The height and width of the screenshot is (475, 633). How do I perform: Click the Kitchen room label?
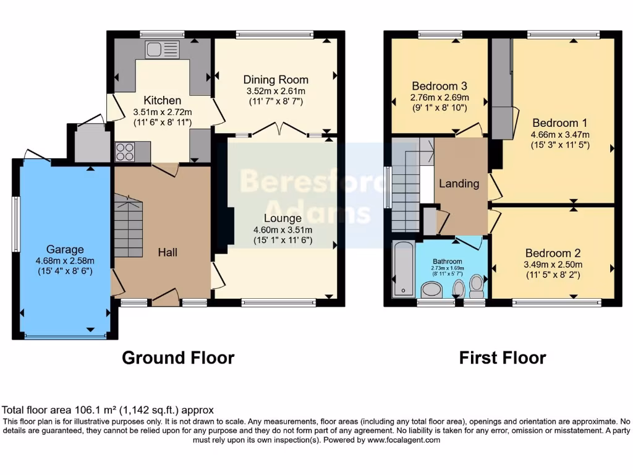[x=163, y=100]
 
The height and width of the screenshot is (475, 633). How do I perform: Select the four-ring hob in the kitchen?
[x=125, y=152]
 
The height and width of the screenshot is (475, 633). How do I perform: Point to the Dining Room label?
[x=275, y=80]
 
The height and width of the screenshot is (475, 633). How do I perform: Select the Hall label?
[x=168, y=252]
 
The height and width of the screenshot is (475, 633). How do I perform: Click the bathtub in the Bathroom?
[x=403, y=269]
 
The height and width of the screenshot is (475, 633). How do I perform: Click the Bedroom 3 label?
[x=439, y=86]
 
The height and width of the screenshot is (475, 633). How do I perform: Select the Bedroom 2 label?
[x=553, y=253]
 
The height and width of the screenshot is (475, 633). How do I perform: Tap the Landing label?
[x=459, y=184]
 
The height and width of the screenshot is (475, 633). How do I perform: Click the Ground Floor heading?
[x=178, y=358]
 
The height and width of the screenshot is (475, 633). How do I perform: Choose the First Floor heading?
[x=502, y=358]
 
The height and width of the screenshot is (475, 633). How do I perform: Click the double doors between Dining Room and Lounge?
[x=280, y=129]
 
